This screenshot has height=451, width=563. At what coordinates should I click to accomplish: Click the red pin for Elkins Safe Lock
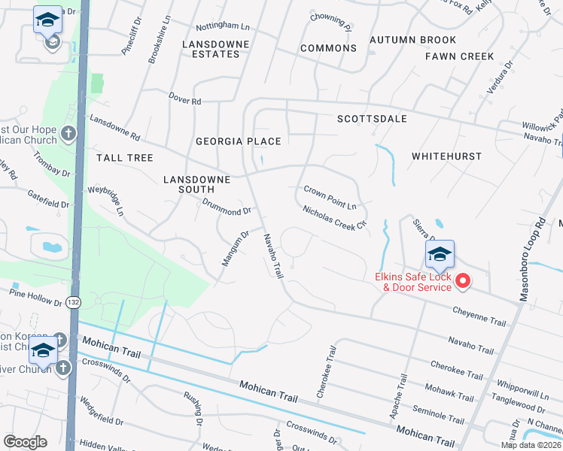pos(463,281)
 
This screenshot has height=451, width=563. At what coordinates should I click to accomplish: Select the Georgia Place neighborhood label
pos(238,141)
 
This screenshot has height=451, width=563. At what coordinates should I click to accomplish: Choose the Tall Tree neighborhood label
pos(124,158)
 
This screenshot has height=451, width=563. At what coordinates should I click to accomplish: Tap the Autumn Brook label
pos(412,40)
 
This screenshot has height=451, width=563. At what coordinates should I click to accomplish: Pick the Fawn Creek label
pos(459,56)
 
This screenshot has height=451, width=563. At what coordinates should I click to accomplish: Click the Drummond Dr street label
pos(226,207)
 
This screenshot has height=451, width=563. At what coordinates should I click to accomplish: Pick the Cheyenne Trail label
pos(479,316)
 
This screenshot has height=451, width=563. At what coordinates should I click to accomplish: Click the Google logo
pos(25,442)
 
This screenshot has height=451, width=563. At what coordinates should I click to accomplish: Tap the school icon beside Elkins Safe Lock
pos(440,254)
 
